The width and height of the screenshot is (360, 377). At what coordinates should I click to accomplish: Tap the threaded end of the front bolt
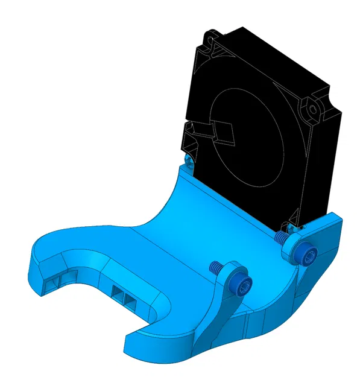click(214, 266)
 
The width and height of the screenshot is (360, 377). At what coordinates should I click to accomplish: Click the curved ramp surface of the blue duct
click(181, 205)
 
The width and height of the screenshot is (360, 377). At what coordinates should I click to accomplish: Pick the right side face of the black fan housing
click(320, 169)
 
